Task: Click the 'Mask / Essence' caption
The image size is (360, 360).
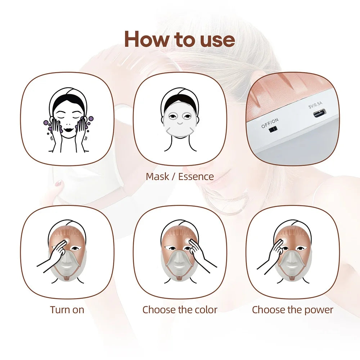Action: pos(180,176)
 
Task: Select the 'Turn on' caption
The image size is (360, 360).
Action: pos(67,310)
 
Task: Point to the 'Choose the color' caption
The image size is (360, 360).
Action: pos(180,310)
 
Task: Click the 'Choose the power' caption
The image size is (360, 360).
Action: pos(292,310)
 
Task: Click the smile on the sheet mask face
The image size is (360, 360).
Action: pos(180,128)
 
